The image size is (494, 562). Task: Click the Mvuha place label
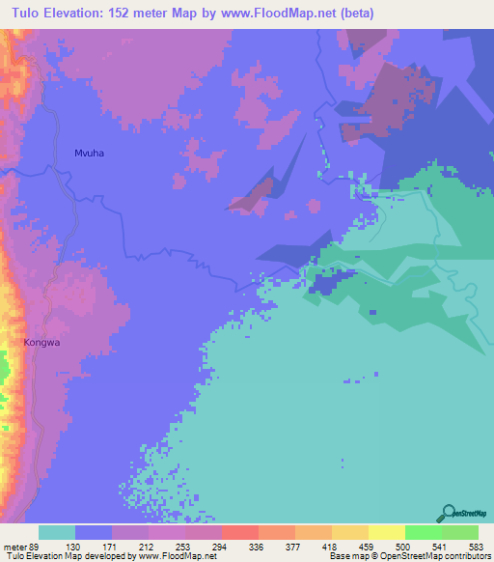pos(89,153)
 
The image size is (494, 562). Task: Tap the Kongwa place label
pos(42,342)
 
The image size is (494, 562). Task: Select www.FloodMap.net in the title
pos(287,14)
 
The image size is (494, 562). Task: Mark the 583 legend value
pos(477,546)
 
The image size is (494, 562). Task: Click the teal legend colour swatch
pos(57,532)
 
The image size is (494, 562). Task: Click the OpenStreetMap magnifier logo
pos(449,513)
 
